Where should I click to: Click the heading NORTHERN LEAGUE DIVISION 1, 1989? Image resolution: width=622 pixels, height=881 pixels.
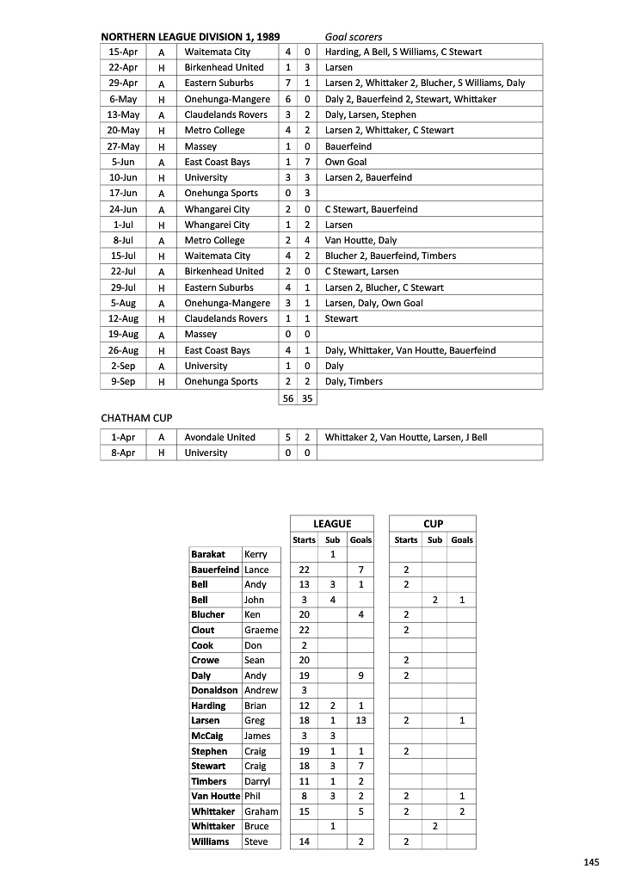coord(190,37)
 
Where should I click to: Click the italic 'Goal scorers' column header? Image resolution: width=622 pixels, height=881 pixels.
coord(354,37)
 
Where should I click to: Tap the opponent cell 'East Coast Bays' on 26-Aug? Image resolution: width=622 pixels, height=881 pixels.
coord(217,350)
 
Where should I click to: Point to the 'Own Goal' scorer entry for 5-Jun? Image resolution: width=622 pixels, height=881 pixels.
coord(346,162)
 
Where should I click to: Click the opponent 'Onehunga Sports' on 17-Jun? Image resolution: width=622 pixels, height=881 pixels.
coord(221,194)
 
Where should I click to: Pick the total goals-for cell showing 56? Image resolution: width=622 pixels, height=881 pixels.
coord(288,398)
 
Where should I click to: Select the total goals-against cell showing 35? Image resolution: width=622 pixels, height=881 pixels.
coord(307,398)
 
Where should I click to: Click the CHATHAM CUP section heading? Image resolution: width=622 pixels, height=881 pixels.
coord(137,418)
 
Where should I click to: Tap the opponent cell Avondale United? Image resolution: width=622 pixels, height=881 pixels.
coord(219,437)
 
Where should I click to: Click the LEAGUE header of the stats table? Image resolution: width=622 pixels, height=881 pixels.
coord(332,523)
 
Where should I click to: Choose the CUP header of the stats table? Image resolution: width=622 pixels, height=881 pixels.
coord(433,523)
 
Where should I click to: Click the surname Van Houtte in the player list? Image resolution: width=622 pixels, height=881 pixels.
coord(214,796)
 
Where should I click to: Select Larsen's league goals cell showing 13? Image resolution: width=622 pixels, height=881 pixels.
coord(360,720)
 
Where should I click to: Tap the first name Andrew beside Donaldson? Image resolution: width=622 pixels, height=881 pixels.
coord(261,690)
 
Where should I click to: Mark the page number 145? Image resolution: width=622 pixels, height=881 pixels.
coord(590,862)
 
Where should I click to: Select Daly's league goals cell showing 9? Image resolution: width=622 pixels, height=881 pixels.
coord(360,675)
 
